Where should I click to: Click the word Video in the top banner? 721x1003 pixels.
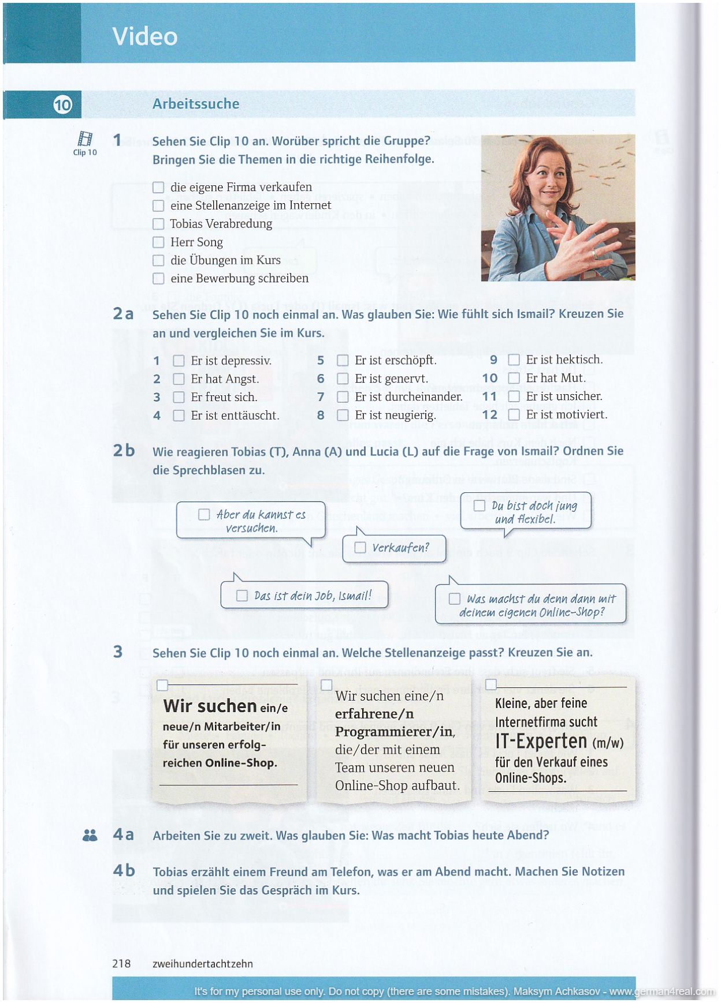[x=145, y=36]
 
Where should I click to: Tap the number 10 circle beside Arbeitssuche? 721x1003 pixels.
[x=62, y=104]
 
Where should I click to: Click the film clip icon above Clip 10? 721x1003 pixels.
[x=85, y=139]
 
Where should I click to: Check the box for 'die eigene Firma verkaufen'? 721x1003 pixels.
[x=158, y=188]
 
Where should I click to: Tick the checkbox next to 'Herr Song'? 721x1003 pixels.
[x=158, y=242]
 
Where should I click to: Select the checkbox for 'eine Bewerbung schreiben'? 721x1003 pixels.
[x=158, y=279]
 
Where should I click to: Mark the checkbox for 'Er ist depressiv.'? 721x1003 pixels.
[x=179, y=361]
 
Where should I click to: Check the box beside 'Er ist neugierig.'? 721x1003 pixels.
[x=343, y=415]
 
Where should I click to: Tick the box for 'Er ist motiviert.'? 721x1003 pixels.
[x=514, y=414]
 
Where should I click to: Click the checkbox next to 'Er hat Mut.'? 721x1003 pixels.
[x=514, y=378]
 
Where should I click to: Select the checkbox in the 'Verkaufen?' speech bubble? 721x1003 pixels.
[x=360, y=547]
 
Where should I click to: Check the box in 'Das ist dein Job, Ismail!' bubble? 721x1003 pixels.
[x=242, y=596]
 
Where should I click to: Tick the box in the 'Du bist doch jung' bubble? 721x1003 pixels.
[x=479, y=506]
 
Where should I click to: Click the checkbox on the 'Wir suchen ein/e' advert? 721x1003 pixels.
[x=162, y=685]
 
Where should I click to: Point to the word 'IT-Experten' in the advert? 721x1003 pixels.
[x=541, y=742]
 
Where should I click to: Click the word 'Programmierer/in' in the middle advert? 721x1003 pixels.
[x=395, y=732]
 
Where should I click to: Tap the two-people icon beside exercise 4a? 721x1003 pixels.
[x=90, y=835]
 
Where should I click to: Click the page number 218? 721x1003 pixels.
[x=121, y=963]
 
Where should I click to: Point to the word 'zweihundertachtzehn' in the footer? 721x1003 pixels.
[x=203, y=963]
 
